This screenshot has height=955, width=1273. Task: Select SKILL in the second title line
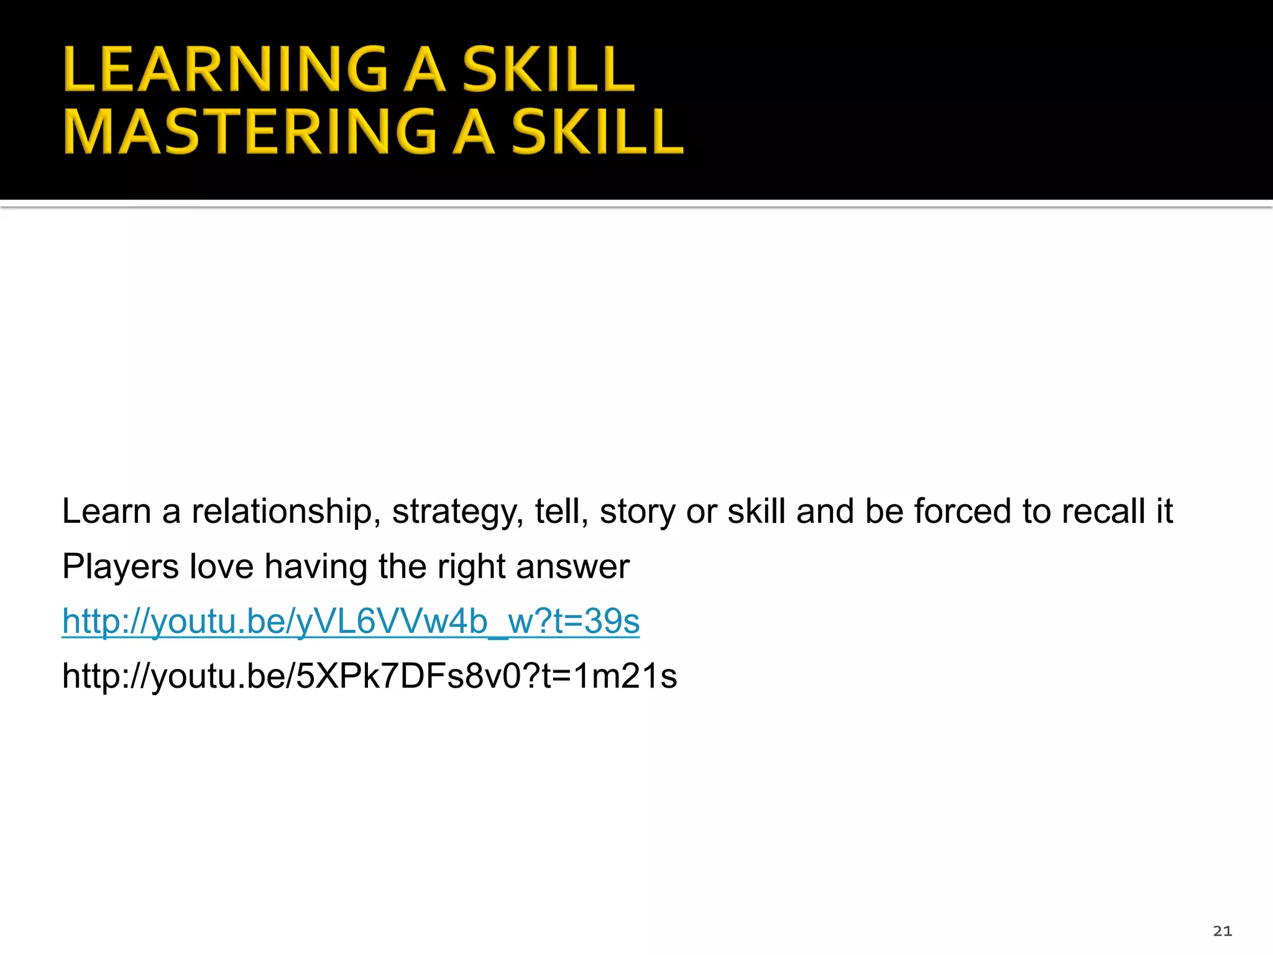click(597, 131)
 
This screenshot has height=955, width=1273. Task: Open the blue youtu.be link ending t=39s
click(351, 621)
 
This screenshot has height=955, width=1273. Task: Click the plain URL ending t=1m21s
click(369, 676)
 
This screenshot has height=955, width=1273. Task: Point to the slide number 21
click(1222, 931)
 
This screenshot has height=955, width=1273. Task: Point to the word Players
click(121, 566)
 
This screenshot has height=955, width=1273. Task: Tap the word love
click(221, 566)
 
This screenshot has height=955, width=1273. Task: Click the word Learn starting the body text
click(106, 512)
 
